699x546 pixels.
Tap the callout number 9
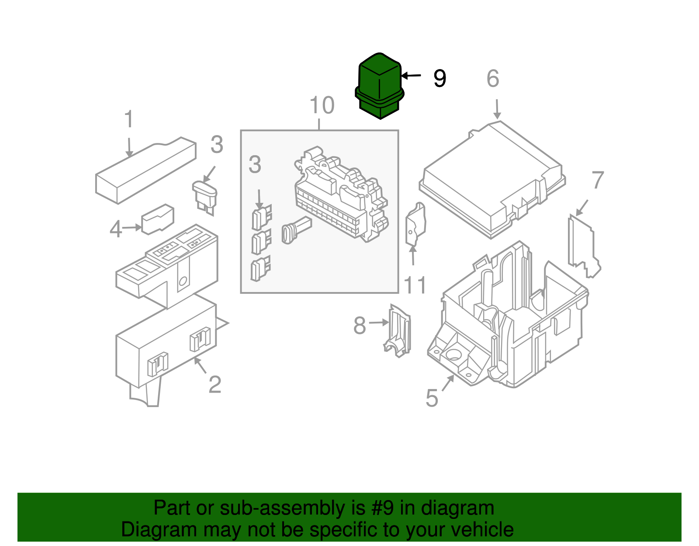tap(439, 79)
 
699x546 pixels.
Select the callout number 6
tap(493, 79)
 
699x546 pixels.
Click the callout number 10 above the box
tap(322, 106)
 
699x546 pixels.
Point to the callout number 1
tap(128, 119)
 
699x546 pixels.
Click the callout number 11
tap(415, 285)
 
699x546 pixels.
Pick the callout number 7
tap(597, 180)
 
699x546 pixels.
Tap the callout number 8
tap(360, 326)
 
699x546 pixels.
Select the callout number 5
tap(432, 398)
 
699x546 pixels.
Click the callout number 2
tap(215, 385)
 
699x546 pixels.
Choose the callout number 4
tap(115, 229)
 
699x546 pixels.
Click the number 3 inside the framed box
tap(255, 165)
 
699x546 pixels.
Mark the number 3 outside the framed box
tap(217, 145)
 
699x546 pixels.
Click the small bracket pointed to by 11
tap(415, 224)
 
